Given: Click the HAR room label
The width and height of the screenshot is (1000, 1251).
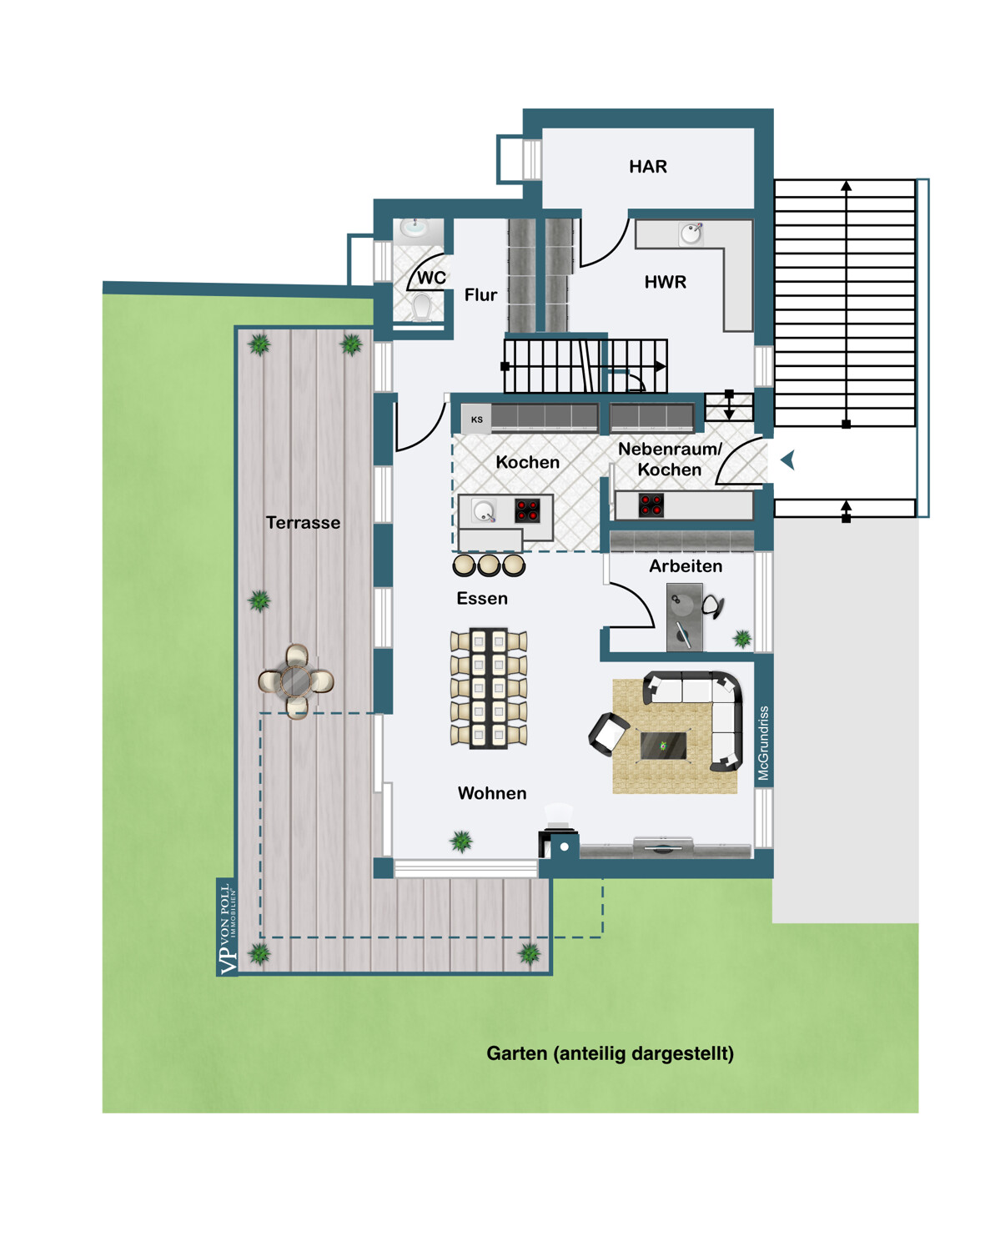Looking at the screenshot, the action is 648,167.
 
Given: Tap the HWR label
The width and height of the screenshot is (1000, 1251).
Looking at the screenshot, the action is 665,282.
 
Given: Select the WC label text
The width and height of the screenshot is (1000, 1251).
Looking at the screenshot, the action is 431,278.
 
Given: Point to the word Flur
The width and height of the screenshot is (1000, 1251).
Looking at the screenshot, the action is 480,294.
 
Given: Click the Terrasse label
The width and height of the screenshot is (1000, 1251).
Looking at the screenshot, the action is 303,523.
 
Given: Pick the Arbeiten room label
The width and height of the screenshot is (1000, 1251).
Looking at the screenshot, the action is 686,566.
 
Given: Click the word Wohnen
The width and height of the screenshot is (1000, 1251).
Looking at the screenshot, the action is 492,793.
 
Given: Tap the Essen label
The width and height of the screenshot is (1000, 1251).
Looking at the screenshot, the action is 481,598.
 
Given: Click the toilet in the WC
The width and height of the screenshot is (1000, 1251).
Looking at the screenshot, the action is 421,306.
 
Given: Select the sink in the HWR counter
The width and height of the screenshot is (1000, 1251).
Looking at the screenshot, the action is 691,234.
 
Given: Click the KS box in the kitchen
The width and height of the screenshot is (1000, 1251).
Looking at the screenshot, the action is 476,420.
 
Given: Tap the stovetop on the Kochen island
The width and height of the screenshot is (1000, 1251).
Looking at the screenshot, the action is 527,510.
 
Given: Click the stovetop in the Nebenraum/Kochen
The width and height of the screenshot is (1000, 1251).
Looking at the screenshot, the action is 651,505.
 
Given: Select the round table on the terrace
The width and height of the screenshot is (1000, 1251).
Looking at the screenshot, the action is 297,681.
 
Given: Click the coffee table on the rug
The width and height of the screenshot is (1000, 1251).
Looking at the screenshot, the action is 663,746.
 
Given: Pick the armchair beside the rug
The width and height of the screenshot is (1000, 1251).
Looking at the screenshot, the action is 609,734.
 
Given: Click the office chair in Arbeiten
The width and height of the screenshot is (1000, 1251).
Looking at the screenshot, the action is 713,605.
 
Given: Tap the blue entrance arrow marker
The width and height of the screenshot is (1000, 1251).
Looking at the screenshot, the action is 788,460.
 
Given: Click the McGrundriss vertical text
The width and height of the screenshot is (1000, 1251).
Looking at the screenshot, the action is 763,743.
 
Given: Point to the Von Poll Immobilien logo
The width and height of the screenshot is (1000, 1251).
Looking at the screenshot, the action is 227,928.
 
